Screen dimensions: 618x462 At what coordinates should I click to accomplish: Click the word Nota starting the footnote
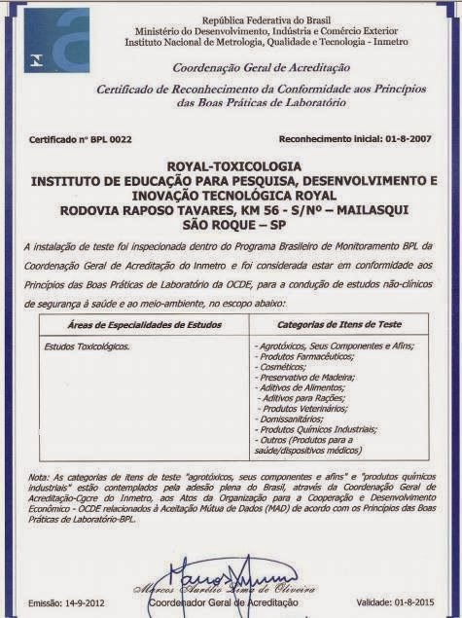pos(39,477)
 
